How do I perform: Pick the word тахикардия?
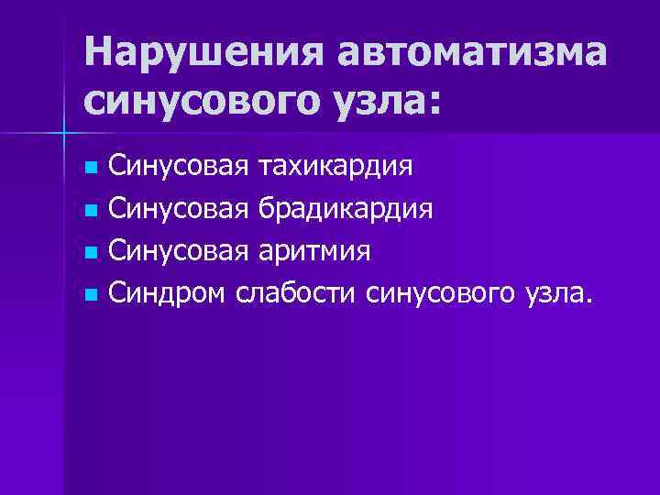coord(335,168)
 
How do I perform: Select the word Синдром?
coord(168,294)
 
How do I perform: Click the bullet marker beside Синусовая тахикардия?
coord(89,170)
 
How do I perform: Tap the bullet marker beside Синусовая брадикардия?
coord(89,212)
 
